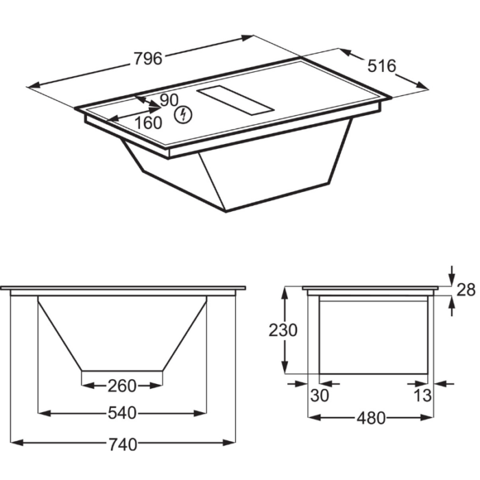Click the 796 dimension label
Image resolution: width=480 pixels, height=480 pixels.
[x=148, y=58]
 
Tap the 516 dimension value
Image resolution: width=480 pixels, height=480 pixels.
[x=381, y=66]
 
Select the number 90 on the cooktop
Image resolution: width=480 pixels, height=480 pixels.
[x=169, y=100]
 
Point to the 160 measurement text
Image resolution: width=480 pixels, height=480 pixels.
[x=148, y=123]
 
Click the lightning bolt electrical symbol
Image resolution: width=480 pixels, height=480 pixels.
[x=183, y=115]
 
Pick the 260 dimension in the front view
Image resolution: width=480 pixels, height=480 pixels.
[x=122, y=386]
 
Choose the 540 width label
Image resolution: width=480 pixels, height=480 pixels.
[x=122, y=413]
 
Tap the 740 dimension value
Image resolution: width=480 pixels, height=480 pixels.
[x=123, y=445]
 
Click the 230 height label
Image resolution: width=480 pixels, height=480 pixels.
[x=283, y=331]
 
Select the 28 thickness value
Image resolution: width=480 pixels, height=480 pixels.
[x=466, y=289]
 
